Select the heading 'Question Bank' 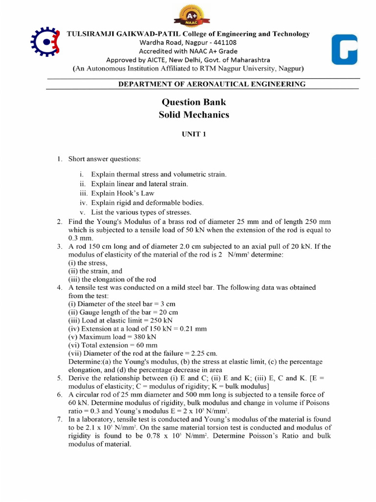coord(194,102)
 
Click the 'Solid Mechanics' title coord(194,115)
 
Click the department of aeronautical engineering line coord(212,84)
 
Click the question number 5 coord(59,378)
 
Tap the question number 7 coord(59,419)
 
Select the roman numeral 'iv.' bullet coord(83,202)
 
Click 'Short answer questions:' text coord(104,159)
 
